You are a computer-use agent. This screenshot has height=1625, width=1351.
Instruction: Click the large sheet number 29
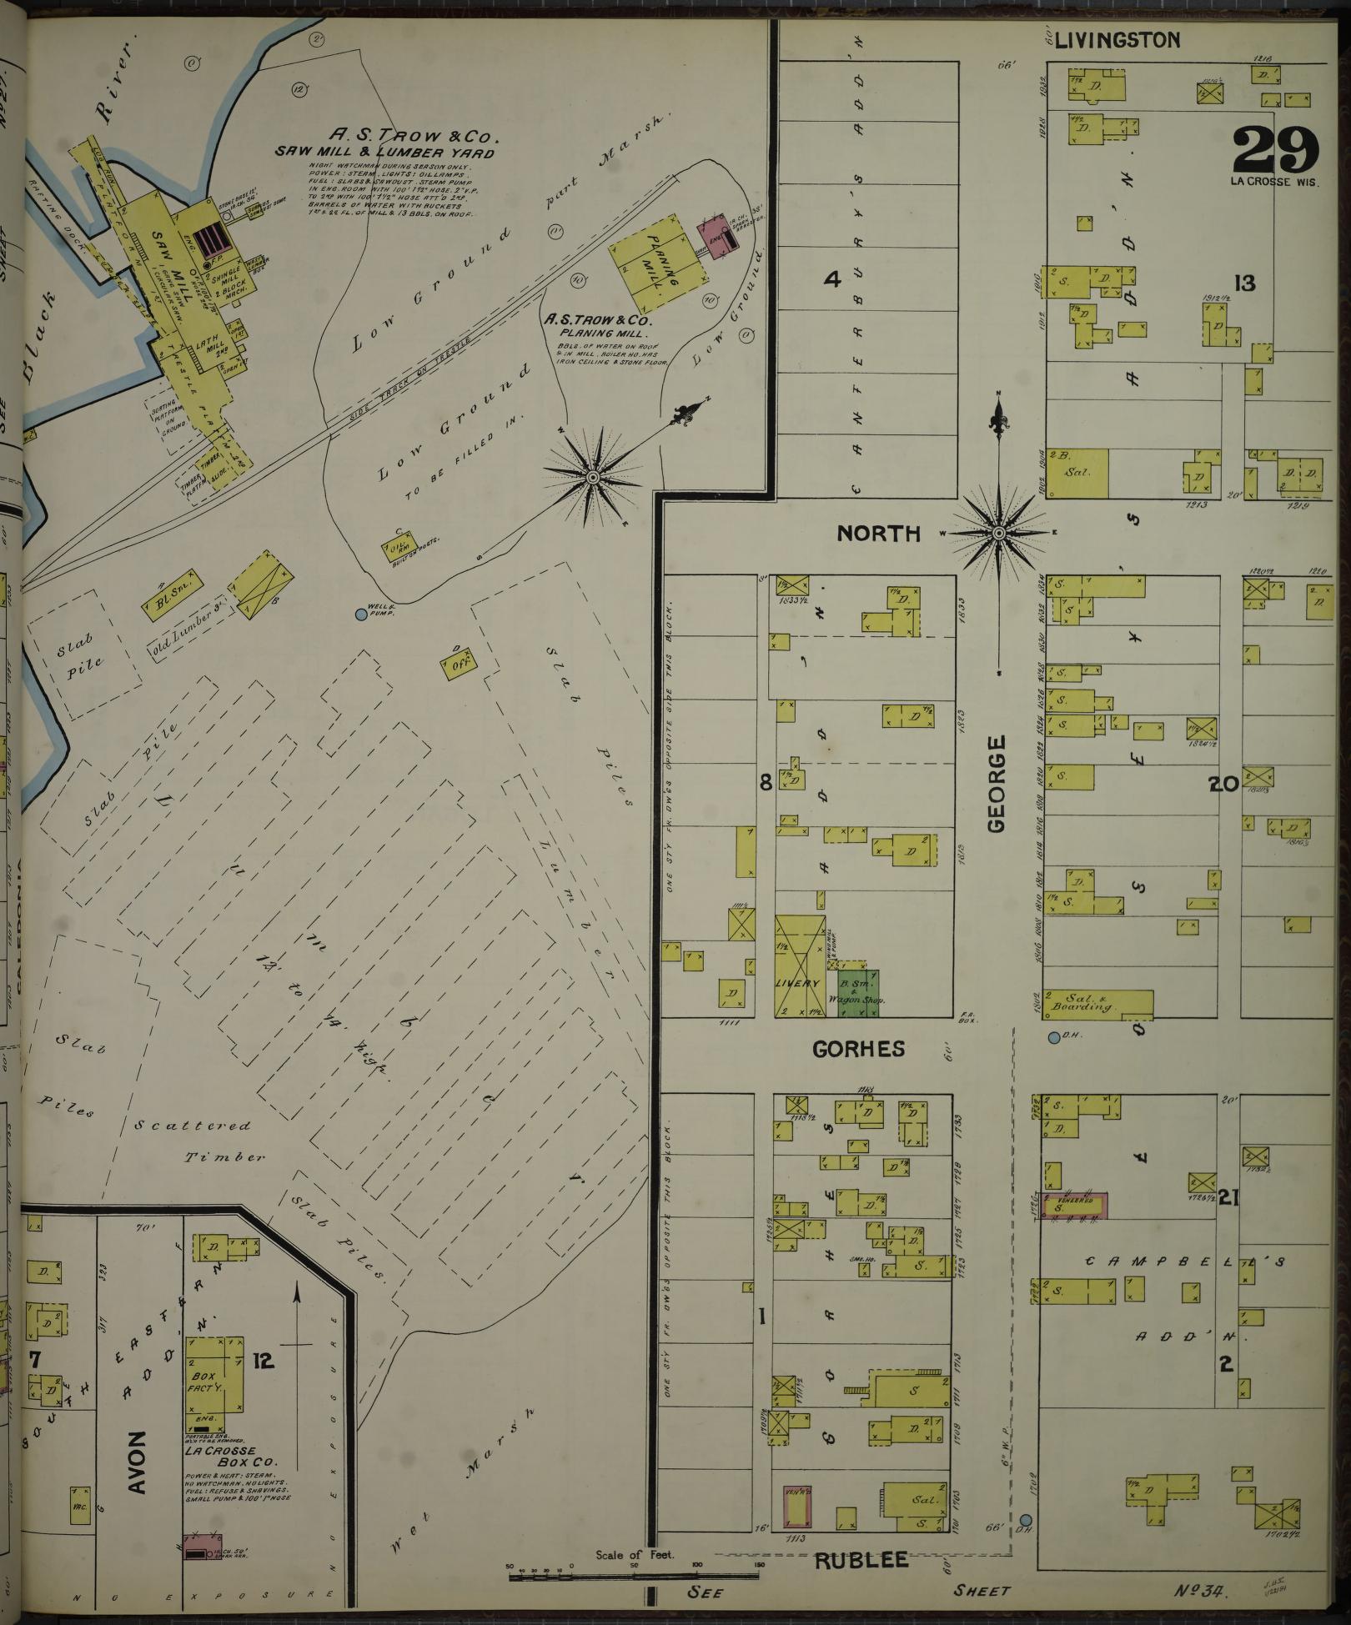click(x=1274, y=149)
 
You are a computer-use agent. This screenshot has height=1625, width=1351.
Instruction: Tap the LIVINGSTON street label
click(x=1117, y=40)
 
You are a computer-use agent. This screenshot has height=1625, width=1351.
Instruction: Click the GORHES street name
click(x=858, y=1049)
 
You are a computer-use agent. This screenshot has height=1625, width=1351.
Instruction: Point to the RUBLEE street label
click(x=861, y=1560)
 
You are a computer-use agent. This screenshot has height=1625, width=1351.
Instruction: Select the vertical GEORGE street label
click(x=997, y=783)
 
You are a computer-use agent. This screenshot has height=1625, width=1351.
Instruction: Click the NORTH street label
click(x=879, y=534)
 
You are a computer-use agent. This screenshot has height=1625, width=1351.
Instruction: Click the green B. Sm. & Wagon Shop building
click(x=858, y=992)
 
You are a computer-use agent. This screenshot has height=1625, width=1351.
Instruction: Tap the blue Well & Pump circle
click(x=360, y=614)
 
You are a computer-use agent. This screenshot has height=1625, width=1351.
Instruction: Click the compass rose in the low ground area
click(x=593, y=477)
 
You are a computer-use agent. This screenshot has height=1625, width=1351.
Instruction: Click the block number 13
click(x=1244, y=283)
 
